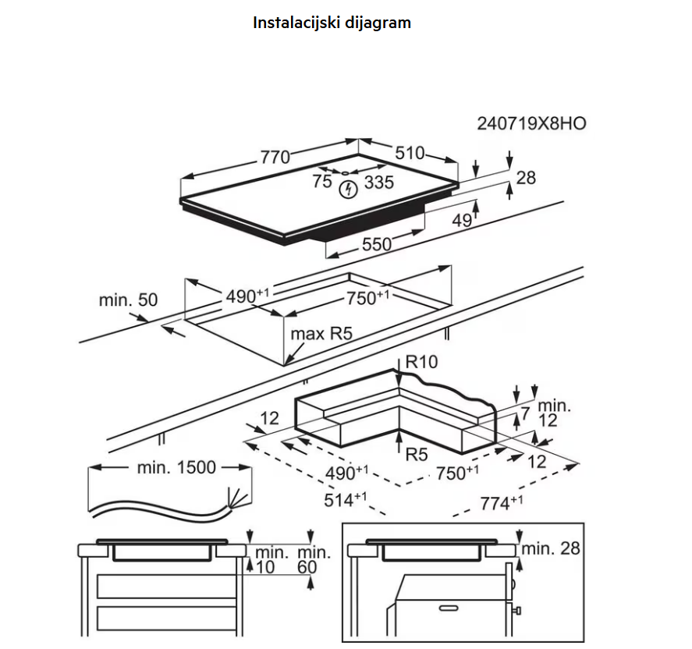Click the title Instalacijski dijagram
pos(332,23)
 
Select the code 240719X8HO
pos(531,123)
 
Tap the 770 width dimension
pos(275,157)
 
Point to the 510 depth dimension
pos(410,154)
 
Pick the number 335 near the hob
pos(378,183)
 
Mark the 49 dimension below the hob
pos(463,221)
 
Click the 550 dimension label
pos(376,244)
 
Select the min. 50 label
pos(128,300)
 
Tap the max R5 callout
pos(321,334)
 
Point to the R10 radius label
pos(422,362)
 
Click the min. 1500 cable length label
pos(176,467)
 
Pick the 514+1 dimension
pos(346,500)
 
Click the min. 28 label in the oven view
pos(551,548)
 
